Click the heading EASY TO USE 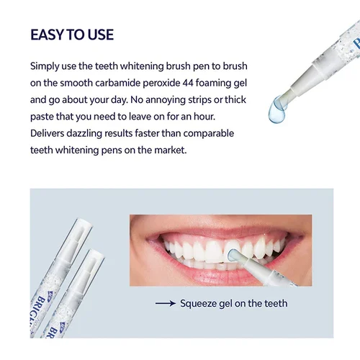(x=72, y=35)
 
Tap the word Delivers (x=50, y=133)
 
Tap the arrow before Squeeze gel (x=165, y=303)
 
